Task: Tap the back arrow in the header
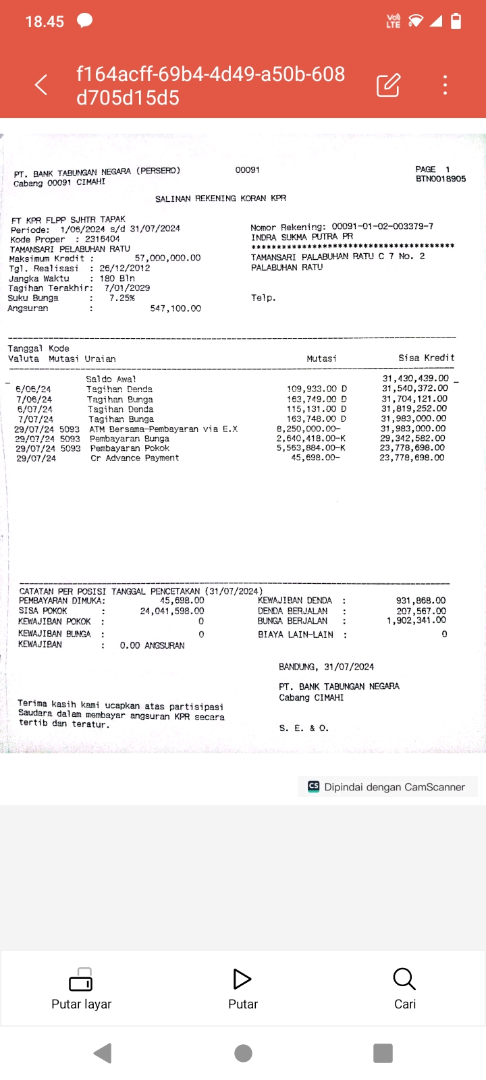(41, 85)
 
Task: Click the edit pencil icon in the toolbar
(388, 85)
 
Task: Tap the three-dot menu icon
(445, 85)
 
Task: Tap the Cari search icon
(404, 979)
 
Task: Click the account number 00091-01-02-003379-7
(382, 227)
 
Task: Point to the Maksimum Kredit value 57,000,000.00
(167, 258)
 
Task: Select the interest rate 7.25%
(122, 298)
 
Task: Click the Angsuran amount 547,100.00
(175, 308)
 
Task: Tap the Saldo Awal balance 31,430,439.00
(415, 379)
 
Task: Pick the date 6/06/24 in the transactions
(33, 389)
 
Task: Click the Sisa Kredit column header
(426, 358)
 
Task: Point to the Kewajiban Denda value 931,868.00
(421, 601)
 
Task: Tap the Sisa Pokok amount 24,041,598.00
(172, 611)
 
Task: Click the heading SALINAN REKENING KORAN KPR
(221, 198)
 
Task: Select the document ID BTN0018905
(441, 179)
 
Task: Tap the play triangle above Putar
(242, 979)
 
